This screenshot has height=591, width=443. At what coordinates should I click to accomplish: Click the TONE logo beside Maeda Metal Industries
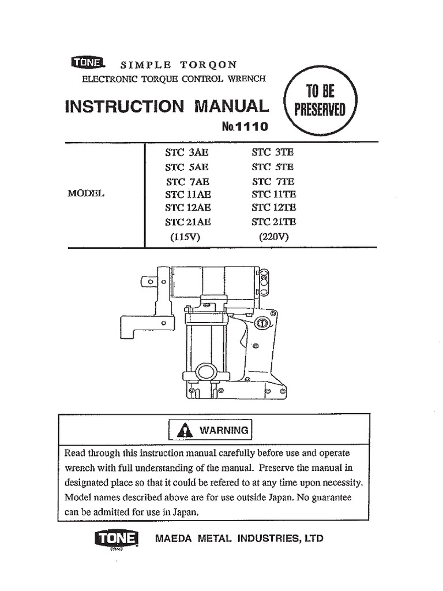click(x=116, y=538)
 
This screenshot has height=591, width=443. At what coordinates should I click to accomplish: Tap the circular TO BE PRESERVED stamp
click(x=321, y=100)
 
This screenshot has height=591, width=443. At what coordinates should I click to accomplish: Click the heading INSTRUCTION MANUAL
click(x=168, y=106)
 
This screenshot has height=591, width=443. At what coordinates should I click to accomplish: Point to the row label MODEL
click(x=87, y=194)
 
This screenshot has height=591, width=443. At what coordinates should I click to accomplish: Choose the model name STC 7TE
click(x=273, y=181)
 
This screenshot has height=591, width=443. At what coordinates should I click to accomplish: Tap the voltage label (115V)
click(x=185, y=236)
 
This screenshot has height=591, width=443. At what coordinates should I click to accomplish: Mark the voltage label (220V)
click(x=273, y=236)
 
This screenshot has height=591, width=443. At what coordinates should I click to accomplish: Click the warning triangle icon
click(x=185, y=430)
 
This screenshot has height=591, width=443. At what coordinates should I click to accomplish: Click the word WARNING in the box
click(x=224, y=430)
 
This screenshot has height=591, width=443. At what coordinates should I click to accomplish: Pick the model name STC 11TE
click(x=273, y=194)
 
